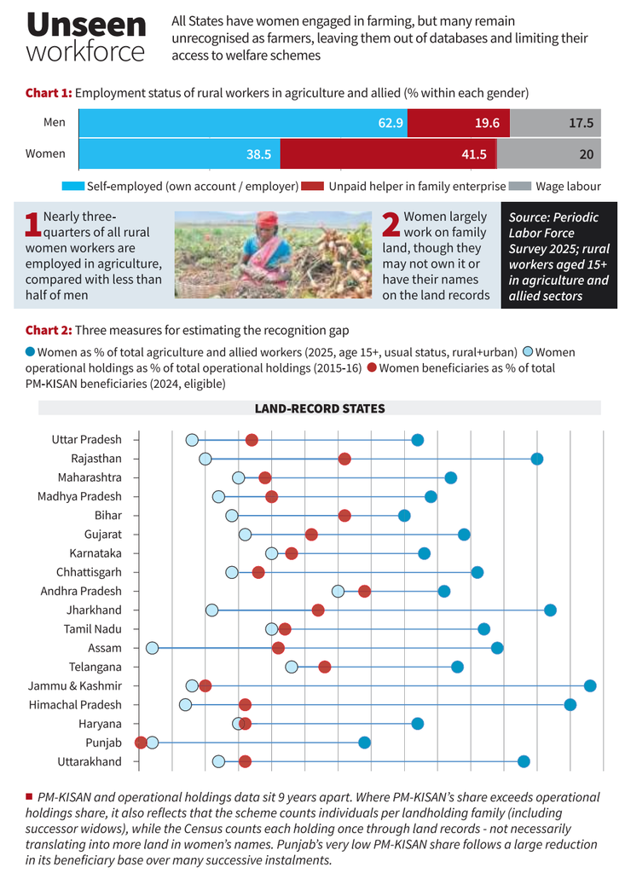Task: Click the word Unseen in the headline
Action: (x=86, y=25)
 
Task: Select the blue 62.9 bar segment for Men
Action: (x=243, y=123)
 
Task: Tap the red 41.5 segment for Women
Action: (x=388, y=154)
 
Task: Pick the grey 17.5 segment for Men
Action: (x=555, y=123)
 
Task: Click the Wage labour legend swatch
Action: (x=520, y=186)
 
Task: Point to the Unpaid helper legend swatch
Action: (x=312, y=186)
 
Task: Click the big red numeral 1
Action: (x=33, y=224)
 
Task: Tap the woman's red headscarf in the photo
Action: (x=268, y=218)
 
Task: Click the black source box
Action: (x=558, y=255)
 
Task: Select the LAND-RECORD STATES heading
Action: (x=320, y=408)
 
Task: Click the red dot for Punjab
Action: (x=141, y=743)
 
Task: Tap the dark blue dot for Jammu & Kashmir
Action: (x=590, y=686)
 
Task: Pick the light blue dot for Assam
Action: (x=152, y=648)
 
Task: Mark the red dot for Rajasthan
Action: (x=344, y=459)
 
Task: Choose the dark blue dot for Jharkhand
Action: (x=550, y=610)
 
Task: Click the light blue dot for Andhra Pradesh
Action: (x=338, y=592)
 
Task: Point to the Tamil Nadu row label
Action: (x=92, y=629)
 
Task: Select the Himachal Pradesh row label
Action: (x=75, y=705)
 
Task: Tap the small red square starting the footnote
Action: (x=29, y=797)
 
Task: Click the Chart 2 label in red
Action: (x=49, y=330)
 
